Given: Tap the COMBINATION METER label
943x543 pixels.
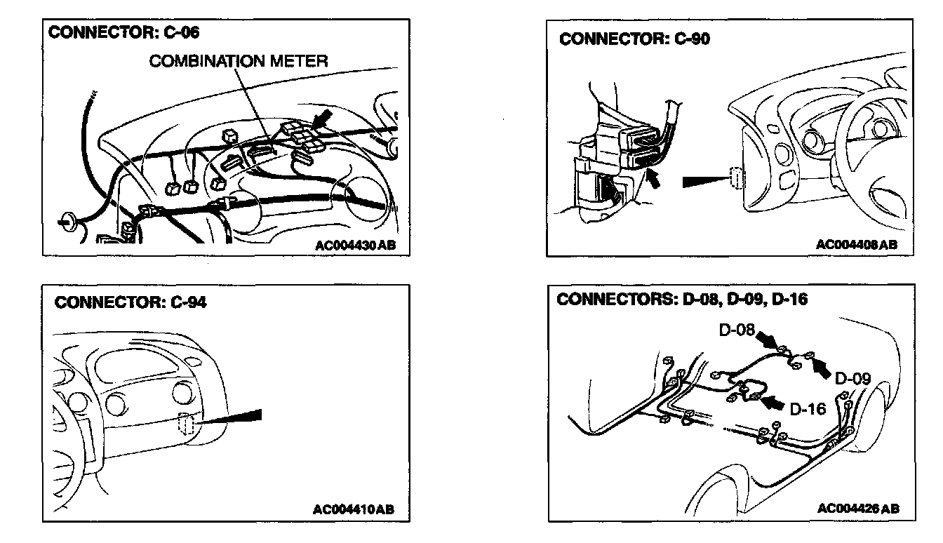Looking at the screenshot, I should click(x=238, y=61).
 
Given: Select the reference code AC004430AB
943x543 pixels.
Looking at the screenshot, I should click(x=356, y=246).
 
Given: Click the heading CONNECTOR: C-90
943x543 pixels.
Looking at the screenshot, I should click(x=634, y=39).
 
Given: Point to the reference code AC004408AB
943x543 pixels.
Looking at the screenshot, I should click(x=856, y=245).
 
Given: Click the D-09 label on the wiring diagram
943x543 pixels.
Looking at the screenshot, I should click(x=853, y=379).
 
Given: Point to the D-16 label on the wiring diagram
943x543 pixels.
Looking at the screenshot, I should click(x=808, y=408).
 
